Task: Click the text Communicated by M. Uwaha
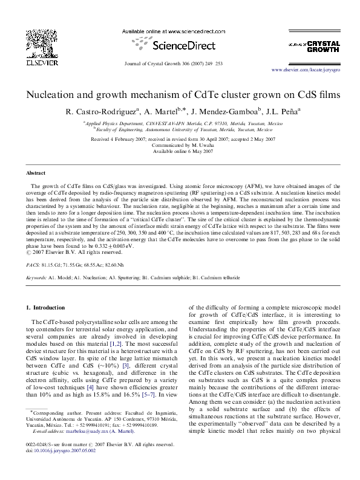(180, 145)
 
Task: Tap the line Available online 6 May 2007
(180, 151)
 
